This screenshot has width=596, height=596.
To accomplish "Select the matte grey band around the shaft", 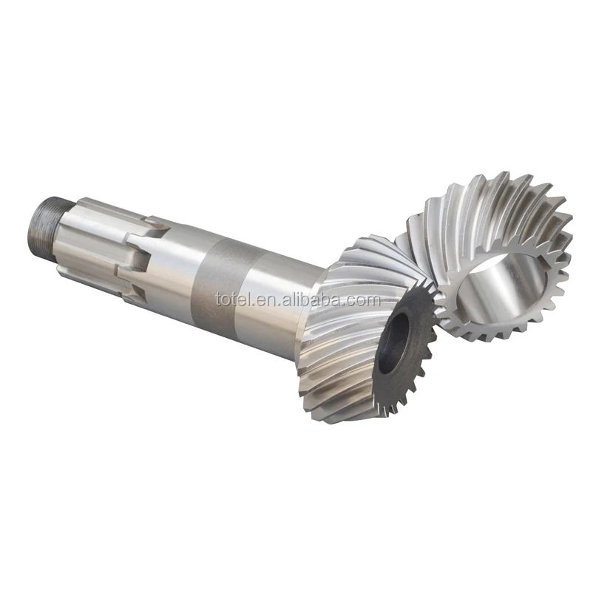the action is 219,285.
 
